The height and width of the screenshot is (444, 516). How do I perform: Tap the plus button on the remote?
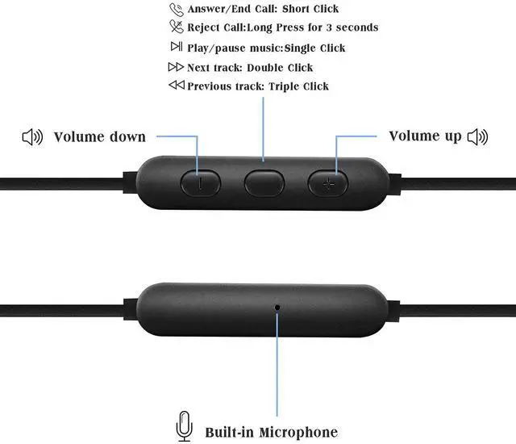point(327,183)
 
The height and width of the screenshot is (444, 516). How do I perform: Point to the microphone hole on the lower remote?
point(278,307)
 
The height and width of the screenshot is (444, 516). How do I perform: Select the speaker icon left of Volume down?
point(32,137)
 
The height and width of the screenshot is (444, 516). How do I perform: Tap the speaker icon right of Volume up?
point(477,136)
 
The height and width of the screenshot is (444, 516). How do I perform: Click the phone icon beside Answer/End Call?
point(176,10)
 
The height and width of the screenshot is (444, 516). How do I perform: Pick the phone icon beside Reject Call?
point(176,27)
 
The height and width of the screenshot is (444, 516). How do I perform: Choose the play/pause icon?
point(176,47)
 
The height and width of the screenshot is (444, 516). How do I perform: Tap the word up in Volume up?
point(452,136)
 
